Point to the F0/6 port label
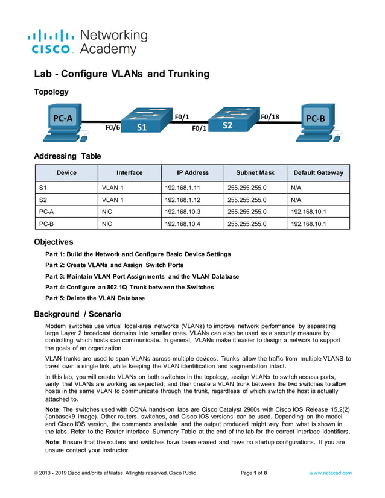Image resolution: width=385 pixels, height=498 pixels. pos(113,128)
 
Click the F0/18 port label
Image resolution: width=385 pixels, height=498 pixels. pos(270,116)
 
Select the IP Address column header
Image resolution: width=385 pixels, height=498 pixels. pos(192,172)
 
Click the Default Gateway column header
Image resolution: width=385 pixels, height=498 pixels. pos(318,172)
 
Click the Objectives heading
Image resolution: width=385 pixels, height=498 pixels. pos(53,242)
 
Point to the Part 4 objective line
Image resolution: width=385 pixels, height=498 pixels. pos(130,287)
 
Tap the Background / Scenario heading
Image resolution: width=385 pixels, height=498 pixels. pos(77,314)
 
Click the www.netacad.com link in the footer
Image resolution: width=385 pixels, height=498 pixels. pos(330,473)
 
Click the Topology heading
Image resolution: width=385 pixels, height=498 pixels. pos(51,92)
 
